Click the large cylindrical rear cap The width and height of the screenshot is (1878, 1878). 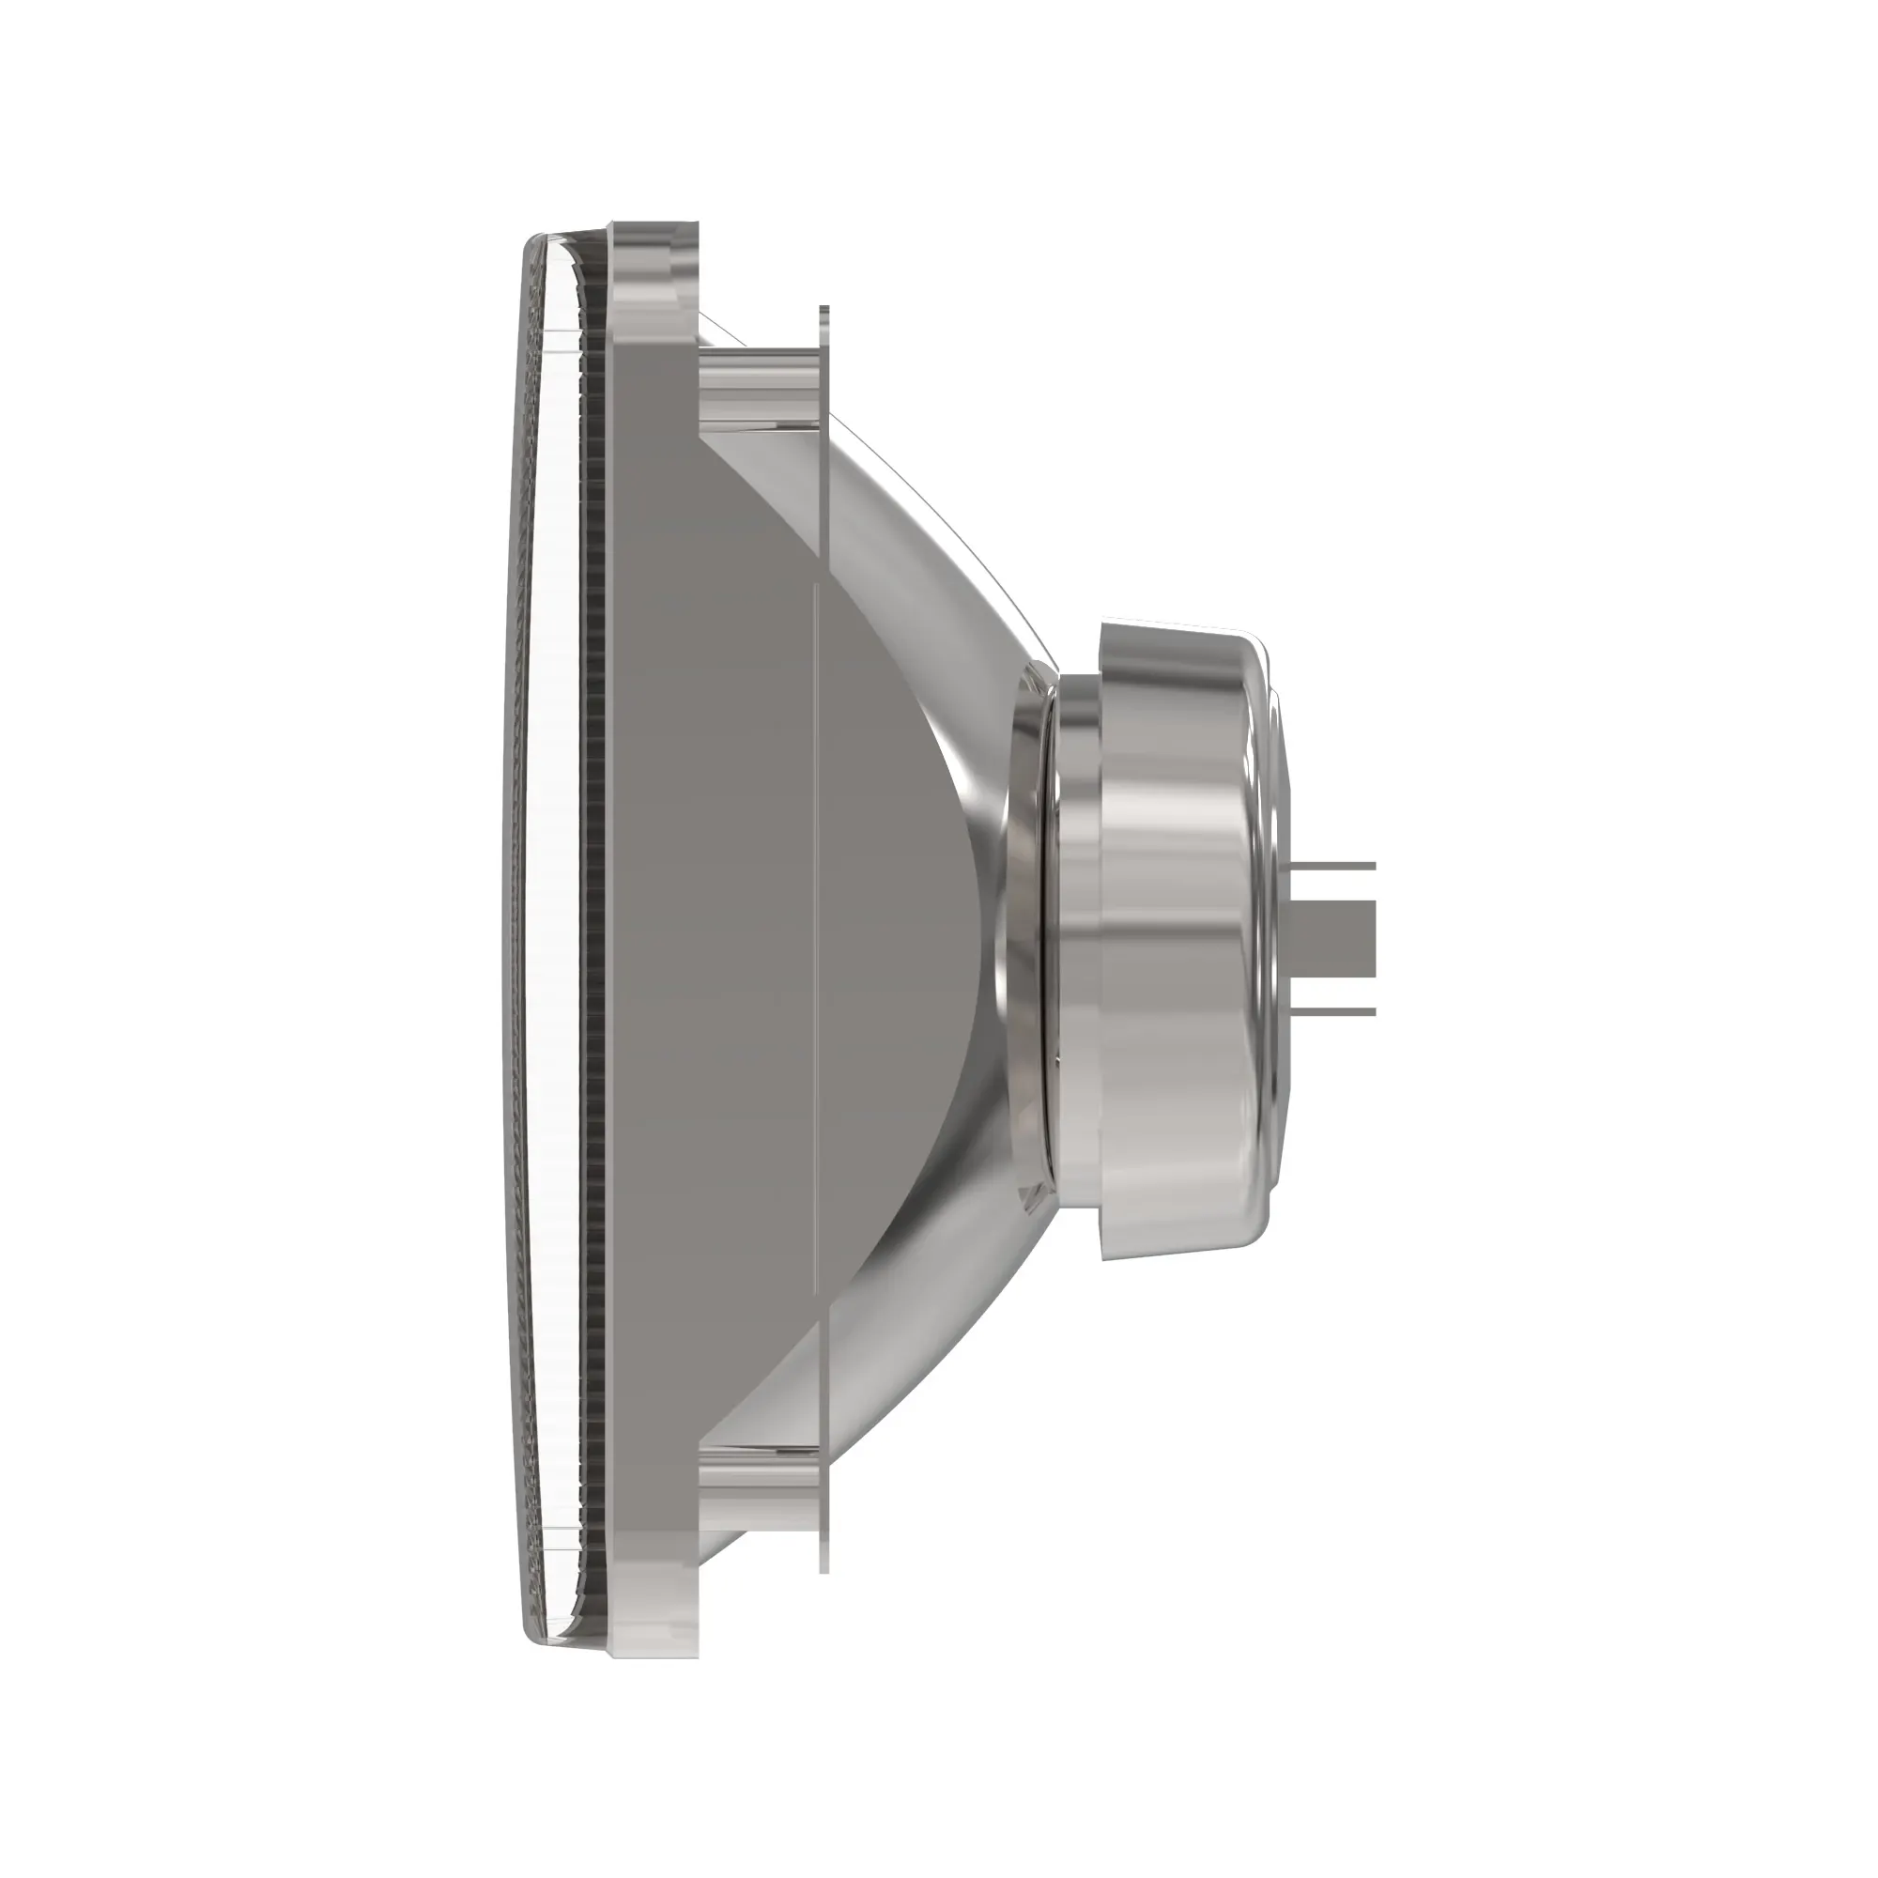[x=1177, y=938]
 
